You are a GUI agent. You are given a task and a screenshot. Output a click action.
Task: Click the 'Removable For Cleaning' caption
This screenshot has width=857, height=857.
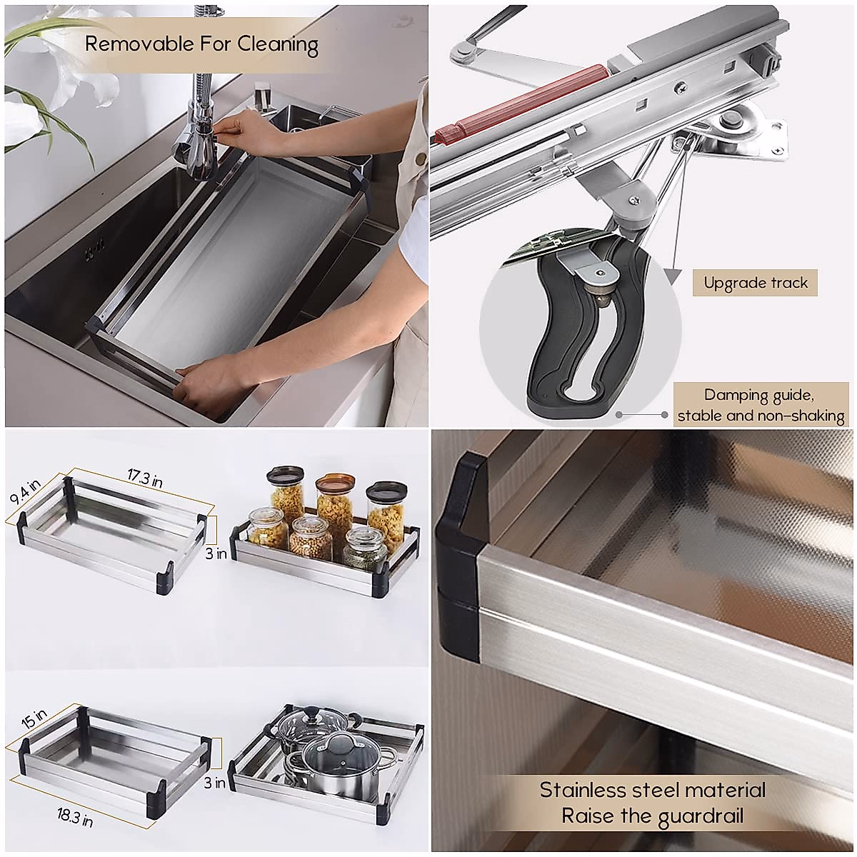coord(201,44)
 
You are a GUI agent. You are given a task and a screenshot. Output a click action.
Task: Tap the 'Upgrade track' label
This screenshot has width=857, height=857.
coord(755,283)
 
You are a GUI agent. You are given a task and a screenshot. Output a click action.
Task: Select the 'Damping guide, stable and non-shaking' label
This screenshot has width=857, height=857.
coord(760,405)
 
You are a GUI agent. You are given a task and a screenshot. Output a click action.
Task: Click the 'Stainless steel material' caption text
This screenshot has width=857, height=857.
coord(652,790)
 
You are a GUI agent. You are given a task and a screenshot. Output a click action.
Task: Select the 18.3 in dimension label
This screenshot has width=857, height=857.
coord(74,816)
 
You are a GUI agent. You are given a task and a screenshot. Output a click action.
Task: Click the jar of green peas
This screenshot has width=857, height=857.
coord(364,546)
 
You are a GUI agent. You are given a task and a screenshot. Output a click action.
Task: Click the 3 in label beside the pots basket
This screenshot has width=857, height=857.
coord(215,783)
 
